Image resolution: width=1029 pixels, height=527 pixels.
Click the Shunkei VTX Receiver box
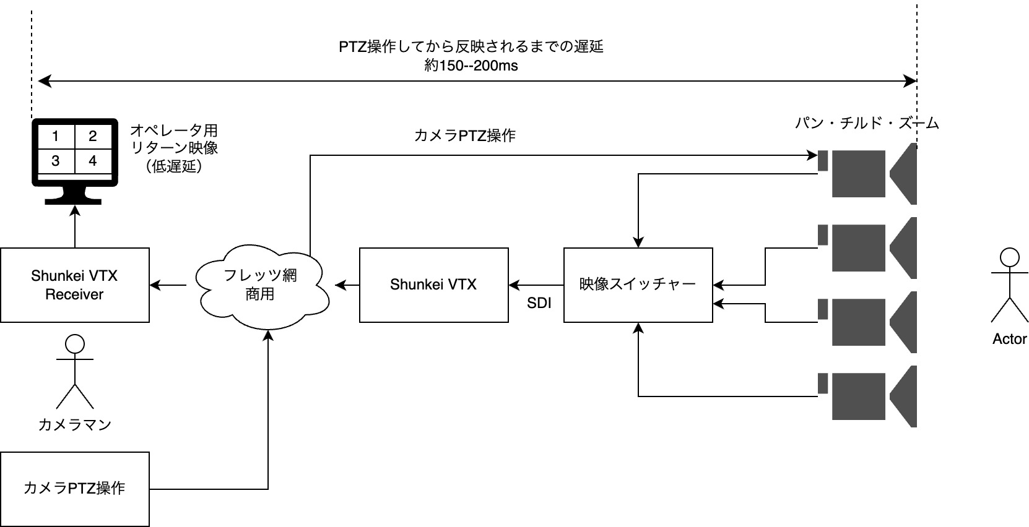(74, 285)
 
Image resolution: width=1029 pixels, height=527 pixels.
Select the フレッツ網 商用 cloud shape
(261, 285)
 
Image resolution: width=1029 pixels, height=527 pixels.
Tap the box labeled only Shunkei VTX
(433, 285)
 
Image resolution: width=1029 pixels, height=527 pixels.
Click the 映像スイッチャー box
(638, 285)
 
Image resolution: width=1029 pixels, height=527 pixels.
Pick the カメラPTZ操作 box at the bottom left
(74, 489)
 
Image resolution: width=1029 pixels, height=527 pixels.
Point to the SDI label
(539, 304)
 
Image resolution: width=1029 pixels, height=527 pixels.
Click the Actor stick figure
(1009, 285)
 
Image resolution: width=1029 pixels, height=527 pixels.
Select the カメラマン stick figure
(74, 371)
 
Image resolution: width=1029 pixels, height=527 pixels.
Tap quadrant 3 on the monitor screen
(56, 161)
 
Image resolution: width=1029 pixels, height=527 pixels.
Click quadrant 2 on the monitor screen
(93, 136)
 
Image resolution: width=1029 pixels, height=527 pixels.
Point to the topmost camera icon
(867, 173)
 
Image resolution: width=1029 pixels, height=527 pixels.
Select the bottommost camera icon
(867, 396)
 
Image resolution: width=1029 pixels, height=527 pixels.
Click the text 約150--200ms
(471, 66)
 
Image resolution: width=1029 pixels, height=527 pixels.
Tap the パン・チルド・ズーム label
(867, 123)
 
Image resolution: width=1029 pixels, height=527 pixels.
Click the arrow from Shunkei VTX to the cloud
(347, 285)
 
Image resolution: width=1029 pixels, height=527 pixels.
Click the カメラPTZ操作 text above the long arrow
(464, 135)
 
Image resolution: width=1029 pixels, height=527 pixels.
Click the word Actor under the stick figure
(1009, 339)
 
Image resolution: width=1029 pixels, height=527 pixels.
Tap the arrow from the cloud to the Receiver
(168, 285)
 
